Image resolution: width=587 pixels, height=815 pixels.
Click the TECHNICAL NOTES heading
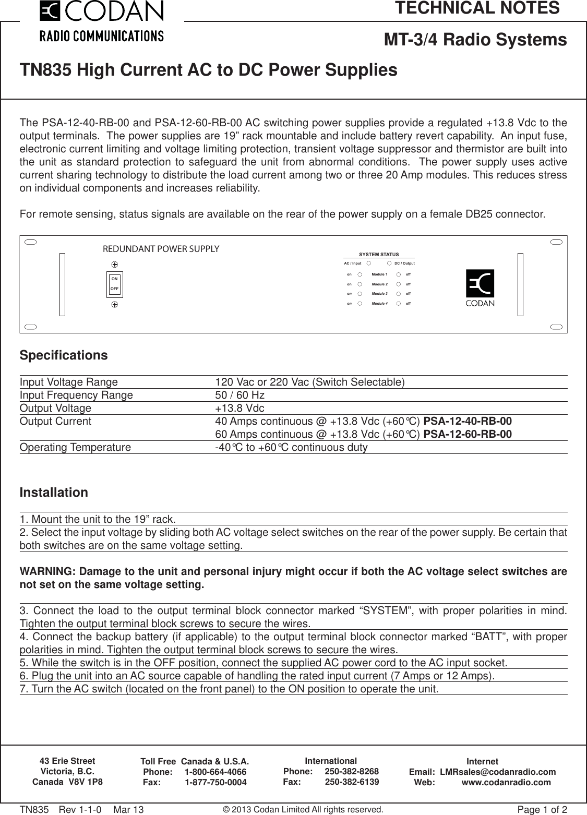477,8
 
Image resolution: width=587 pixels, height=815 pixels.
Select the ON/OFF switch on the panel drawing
114,283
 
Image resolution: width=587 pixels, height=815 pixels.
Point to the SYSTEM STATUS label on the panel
379,254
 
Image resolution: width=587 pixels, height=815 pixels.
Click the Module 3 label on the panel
379,294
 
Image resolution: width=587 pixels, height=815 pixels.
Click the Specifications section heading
64,355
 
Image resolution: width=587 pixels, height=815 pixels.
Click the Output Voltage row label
55,408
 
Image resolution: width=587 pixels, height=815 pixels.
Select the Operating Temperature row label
75,448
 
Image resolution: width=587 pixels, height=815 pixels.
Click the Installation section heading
54,493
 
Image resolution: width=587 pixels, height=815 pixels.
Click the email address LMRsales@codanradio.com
498,772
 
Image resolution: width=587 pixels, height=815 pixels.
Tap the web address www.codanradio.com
506,782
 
